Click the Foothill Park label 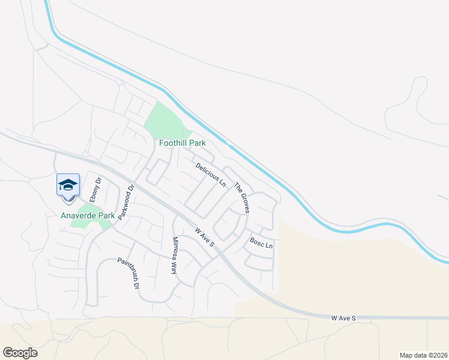coord(182,143)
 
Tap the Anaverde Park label coord(88,215)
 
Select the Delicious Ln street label coord(210,173)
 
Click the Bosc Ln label coord(261,245)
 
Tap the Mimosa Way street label coord(175,256)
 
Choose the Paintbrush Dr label coord(127,274)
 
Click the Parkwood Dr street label coord(125,202)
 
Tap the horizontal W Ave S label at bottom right coord(344,317)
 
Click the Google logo coord(20,353)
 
